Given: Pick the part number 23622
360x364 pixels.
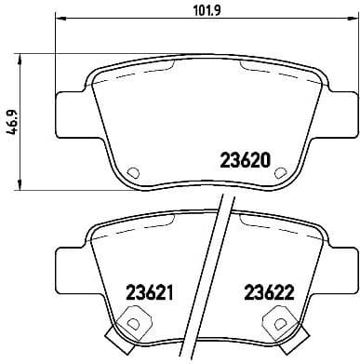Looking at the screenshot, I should click(269, 290).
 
